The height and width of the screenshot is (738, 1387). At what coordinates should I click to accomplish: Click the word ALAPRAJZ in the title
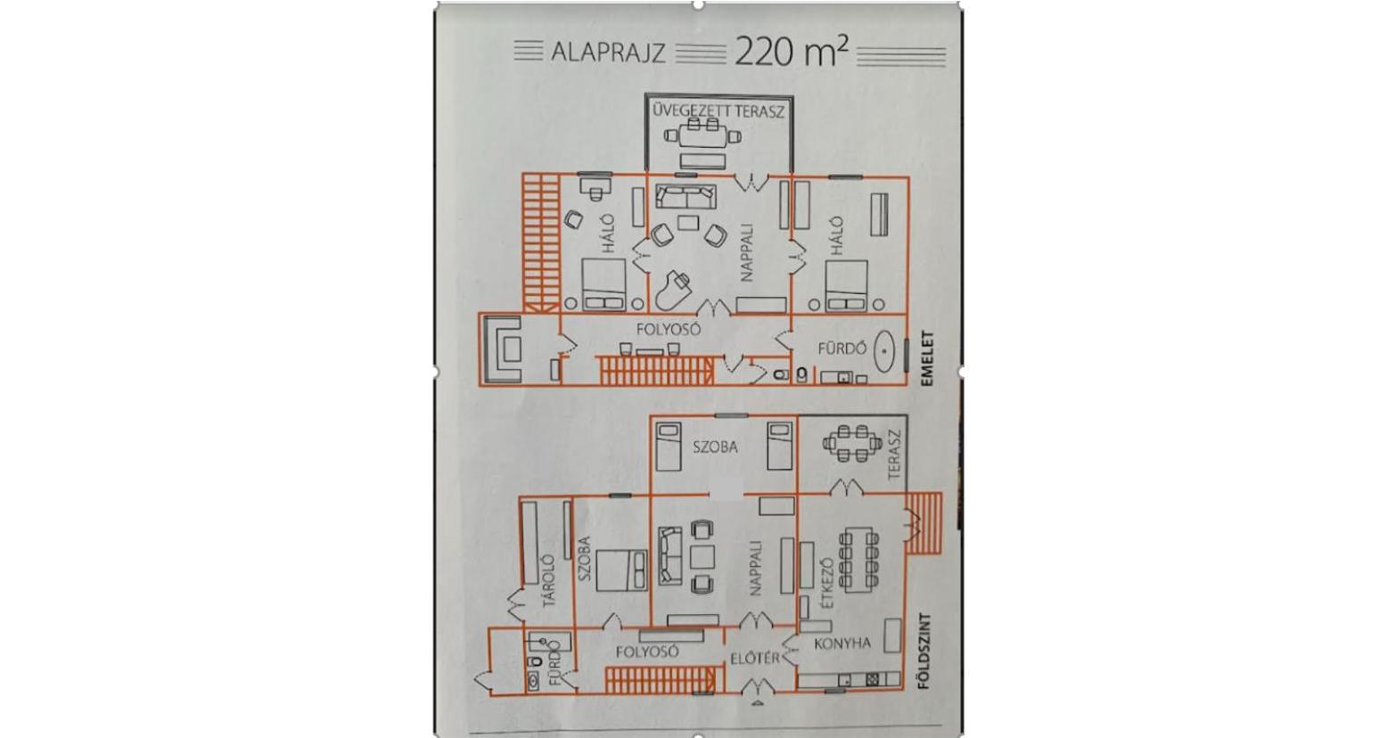point(608,53)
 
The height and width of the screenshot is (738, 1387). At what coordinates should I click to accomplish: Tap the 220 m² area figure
point(791,51)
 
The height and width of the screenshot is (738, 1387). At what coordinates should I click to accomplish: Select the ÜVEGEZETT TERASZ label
point(718,111)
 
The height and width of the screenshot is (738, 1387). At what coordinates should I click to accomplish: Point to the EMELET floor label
point(926,360)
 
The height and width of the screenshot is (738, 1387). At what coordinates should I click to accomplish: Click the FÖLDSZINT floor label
point(925,651)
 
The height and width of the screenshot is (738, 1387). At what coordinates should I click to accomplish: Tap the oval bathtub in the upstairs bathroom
point(885,352)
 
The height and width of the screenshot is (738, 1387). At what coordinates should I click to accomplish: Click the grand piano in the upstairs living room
point(671,291)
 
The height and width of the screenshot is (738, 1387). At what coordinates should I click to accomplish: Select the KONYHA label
point(842,644)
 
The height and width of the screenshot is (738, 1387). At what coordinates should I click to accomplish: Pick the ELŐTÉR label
point(755,659)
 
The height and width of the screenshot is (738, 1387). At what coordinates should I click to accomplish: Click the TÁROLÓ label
point(549,581)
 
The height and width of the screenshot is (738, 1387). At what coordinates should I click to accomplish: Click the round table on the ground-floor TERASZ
point(852,443)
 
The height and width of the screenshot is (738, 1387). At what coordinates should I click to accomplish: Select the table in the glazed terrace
point(702,136)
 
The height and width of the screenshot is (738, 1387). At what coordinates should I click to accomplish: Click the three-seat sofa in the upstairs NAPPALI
point(685,197)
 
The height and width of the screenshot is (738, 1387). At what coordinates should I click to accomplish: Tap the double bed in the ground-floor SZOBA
point(621,570)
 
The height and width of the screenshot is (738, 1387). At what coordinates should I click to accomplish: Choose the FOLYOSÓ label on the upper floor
point(669,329)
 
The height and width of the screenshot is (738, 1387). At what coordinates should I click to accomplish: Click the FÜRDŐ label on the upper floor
point(842,348)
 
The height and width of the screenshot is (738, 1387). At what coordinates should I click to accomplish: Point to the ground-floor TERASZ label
point(893,455)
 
